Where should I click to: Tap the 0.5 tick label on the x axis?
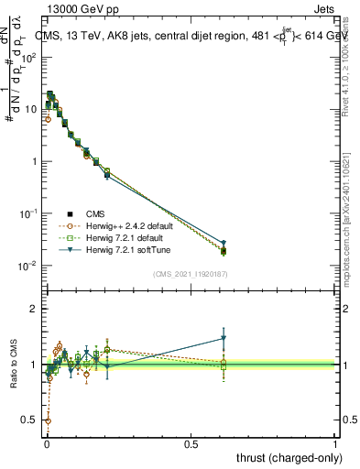pos(191,443)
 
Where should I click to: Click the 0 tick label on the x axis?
pos(46,443)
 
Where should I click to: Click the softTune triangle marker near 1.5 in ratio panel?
pos(224,338)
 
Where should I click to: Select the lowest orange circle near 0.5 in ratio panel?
pos(48,421)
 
